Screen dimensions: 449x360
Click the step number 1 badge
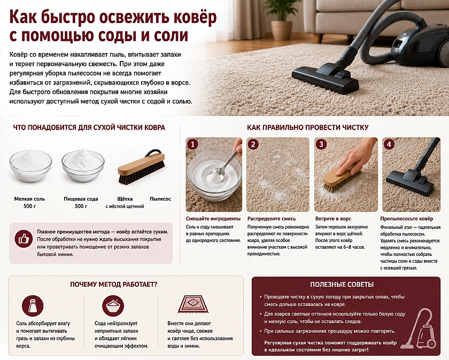[x=193, y=144]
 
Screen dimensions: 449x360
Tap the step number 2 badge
[x=253, y=144]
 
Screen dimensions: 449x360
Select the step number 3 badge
[x=321, y=144]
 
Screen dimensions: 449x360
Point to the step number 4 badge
[x=389, y=144]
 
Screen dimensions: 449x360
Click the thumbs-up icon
[x=24, y=239]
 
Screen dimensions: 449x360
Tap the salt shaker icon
[x=33, y=305]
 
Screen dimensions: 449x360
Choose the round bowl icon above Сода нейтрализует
[x=113, y=305]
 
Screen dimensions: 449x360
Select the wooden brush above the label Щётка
[x=141, y=167]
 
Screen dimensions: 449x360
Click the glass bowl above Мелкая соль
[x=30, y=165]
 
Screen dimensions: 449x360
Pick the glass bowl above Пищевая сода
[x=83, y=165]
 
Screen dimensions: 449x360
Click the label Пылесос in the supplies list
[x=160, y=199]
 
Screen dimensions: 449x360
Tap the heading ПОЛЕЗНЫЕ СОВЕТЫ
[x=342, y=285]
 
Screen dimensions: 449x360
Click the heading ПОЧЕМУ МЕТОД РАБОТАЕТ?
[x=114, y=285]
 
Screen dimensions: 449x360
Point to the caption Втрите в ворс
[x=333, y=219]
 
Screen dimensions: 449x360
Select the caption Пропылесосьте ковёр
[x=407, y=219]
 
